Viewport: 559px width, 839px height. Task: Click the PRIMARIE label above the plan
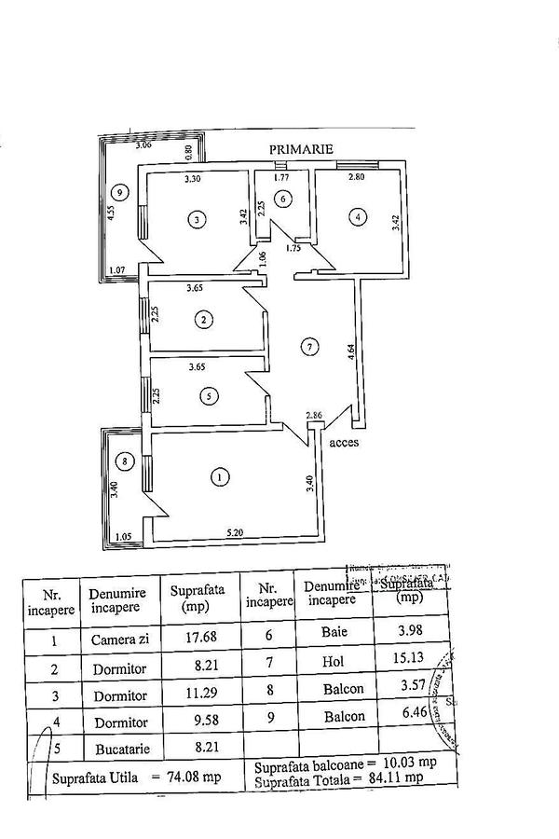tap(301, 149)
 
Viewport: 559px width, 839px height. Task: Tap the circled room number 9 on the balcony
tap(116, 192)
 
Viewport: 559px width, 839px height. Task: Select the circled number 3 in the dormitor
tap(196, 220)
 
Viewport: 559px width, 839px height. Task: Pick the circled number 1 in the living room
tap(219, 477)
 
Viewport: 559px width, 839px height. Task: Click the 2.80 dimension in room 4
tap(330, 176)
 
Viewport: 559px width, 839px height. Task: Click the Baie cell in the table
tap(335, 631)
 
